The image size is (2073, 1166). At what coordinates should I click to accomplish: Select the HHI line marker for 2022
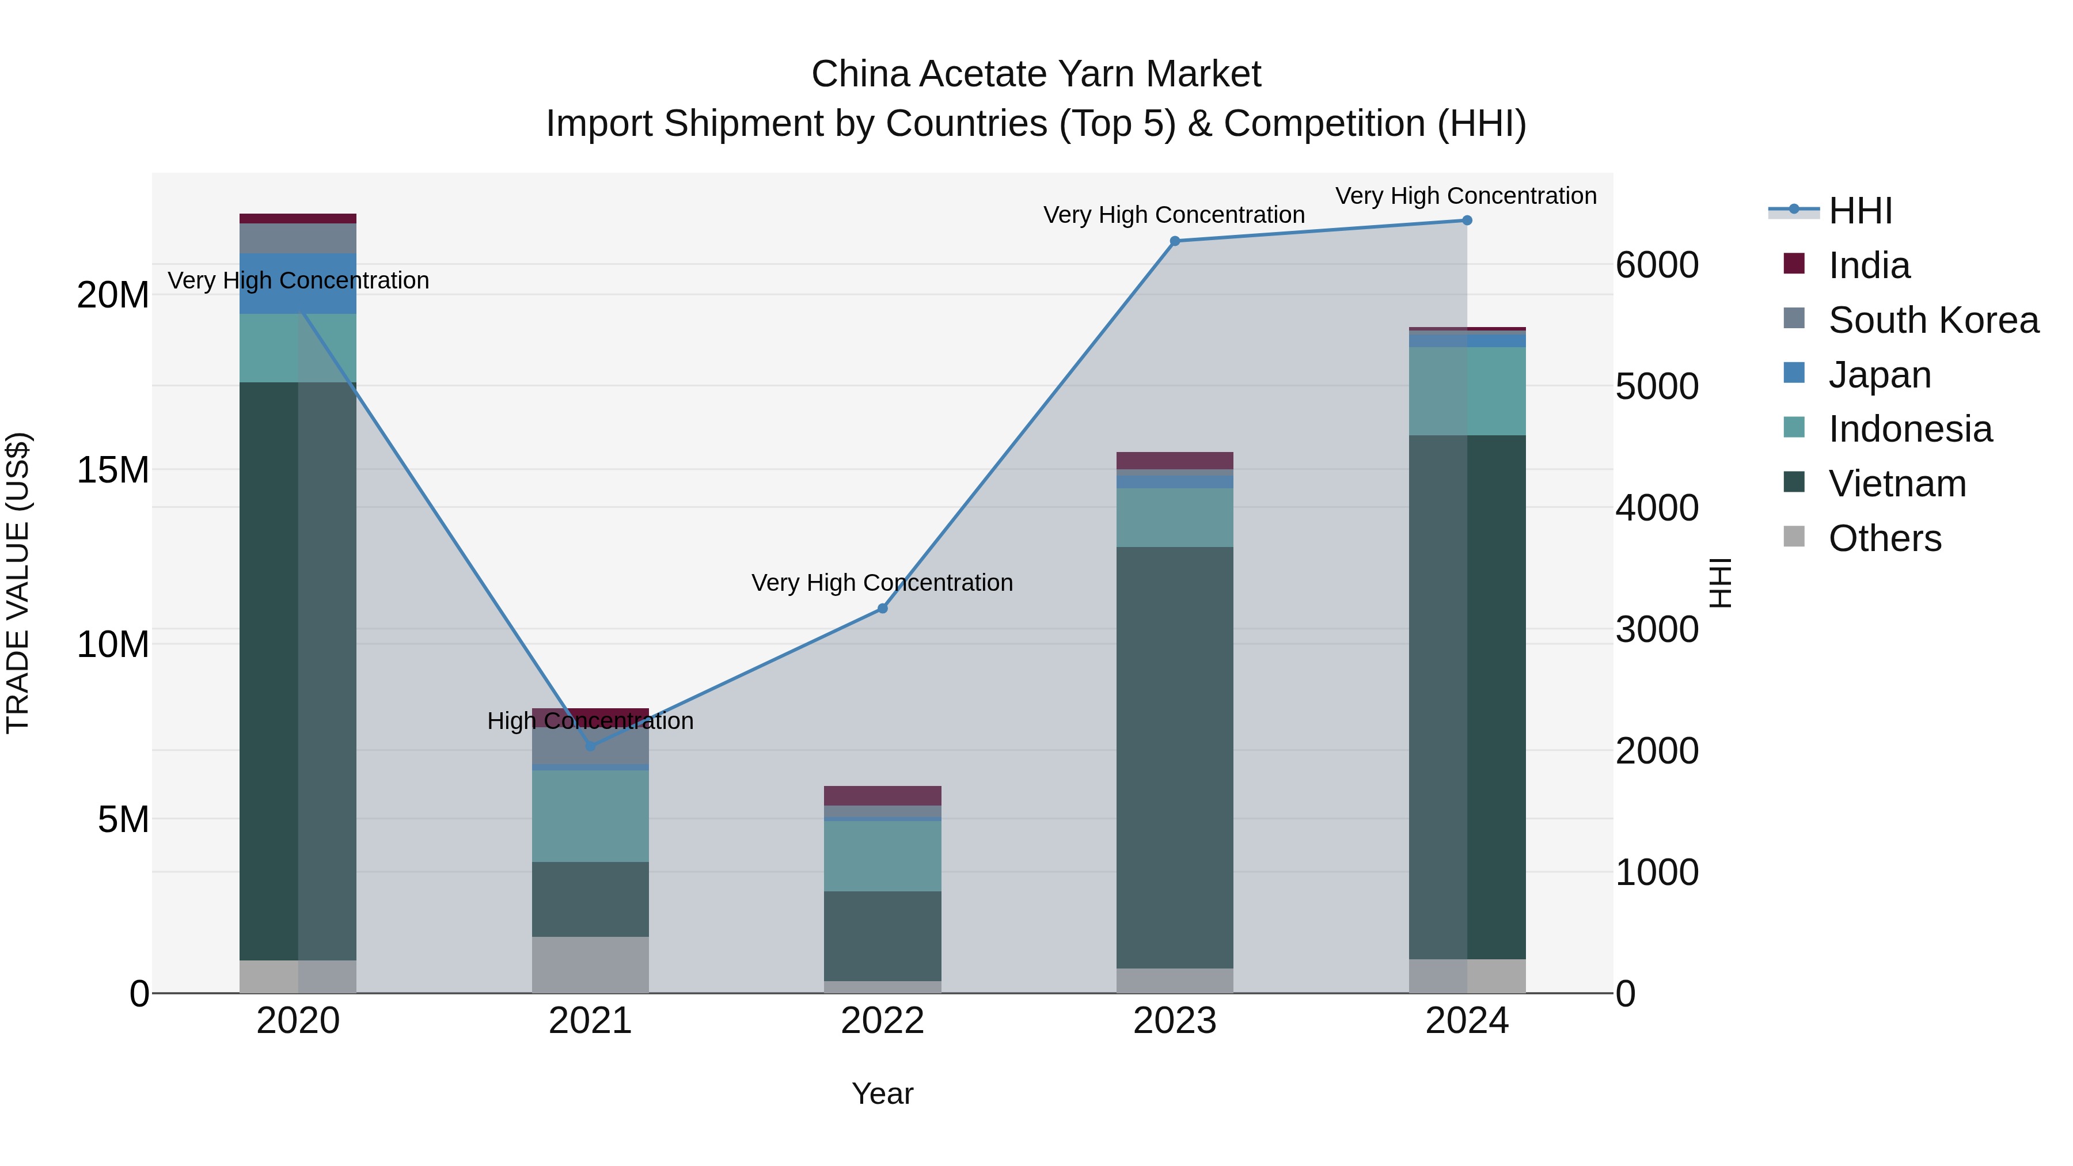tap(882, 609)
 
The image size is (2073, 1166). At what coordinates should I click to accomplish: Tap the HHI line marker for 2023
tap(1174, 241)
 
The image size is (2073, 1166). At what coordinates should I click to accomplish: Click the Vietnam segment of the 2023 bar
tap(1174, 757)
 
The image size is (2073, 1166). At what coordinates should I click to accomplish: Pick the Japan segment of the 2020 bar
tap(298, 283)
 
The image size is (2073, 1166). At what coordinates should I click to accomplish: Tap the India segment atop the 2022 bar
tap(882, 795)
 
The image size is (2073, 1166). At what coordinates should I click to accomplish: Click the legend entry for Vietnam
tap(1897, 484)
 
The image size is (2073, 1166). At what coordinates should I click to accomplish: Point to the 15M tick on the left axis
tap(113, 469)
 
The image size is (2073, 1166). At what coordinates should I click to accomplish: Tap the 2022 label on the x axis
tap(882, 1021)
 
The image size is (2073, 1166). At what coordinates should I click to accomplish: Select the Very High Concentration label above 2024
tap(1465, 196)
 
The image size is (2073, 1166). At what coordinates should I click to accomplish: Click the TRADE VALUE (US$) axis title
tap(18, 583)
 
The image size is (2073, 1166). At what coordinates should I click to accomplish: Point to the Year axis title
tap(882, 1093)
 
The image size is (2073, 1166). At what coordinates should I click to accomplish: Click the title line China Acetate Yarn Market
tap(1036, 74)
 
